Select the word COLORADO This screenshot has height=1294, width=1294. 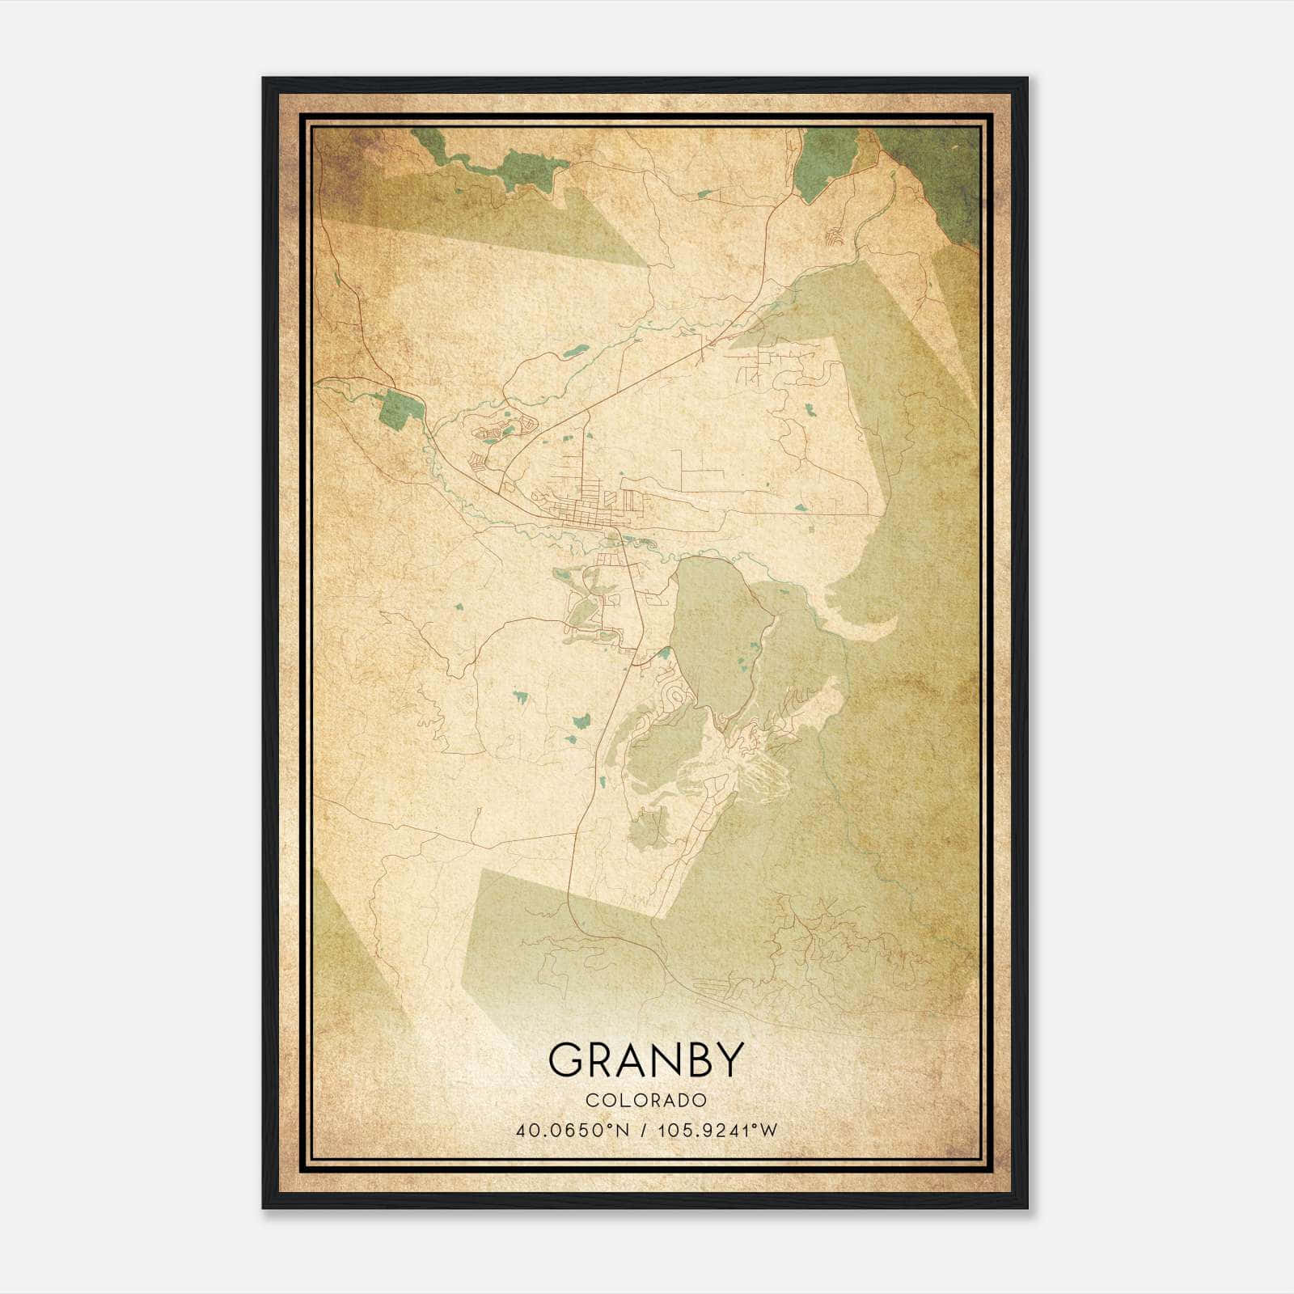[646, 1101]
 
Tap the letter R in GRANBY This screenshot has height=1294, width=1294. [605, 1059]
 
